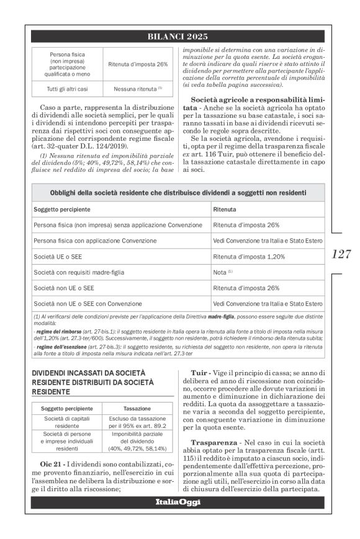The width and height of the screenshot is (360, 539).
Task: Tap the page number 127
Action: (x=341, y=254)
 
